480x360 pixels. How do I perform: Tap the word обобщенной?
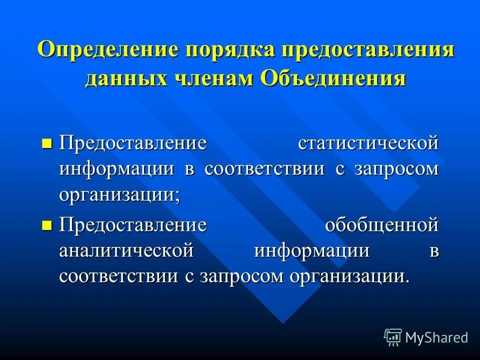click(x=382, y=225)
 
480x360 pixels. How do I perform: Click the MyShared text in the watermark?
click(x=436, y=337)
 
